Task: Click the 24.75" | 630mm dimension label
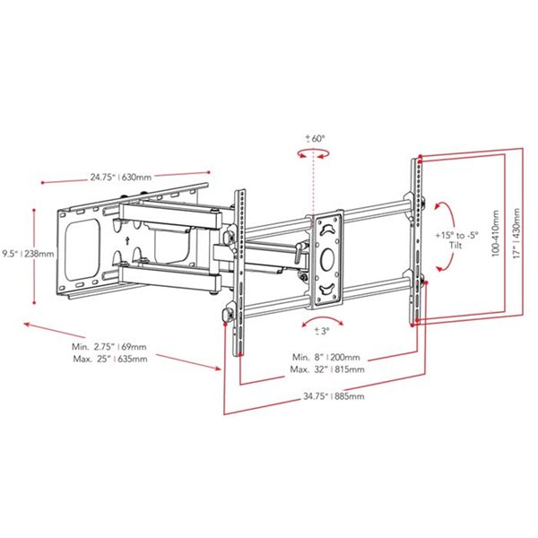(120, 177)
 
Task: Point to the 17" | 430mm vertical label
(514, 234)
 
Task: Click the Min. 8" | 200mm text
(325, 356)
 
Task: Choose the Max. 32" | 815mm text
(325, 369)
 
